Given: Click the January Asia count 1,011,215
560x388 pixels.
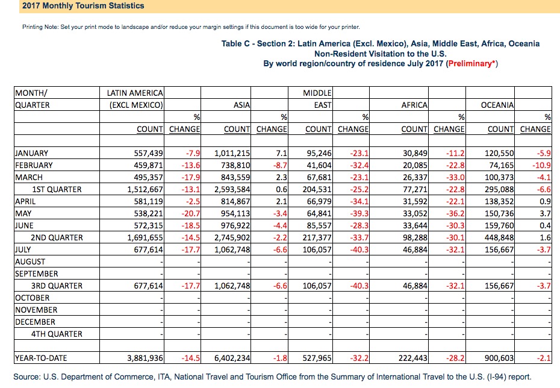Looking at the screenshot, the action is (232, 153).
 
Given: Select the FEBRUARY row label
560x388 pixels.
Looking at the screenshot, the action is (34, 166).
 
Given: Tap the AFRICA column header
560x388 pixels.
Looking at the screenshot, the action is (414, 105).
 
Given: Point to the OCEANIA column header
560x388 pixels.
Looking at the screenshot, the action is (497, 105).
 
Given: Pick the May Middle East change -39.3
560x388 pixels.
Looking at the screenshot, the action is (359, 214).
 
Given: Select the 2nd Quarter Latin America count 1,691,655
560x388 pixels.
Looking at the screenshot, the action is (145, 237).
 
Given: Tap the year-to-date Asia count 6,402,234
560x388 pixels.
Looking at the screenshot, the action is (232, 358).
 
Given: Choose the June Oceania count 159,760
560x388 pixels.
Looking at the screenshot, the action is (499, 226).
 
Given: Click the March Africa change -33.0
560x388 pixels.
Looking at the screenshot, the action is (455, 178).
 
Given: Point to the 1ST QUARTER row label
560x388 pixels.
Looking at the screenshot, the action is (57, 190).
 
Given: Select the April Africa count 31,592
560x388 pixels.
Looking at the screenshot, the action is (415, 201).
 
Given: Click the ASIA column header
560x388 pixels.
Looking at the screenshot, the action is (242, 105).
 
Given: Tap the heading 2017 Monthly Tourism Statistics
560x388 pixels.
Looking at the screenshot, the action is (83, 5).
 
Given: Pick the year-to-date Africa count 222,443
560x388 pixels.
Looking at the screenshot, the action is (413, 358).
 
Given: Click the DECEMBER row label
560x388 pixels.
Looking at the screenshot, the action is (35, 322).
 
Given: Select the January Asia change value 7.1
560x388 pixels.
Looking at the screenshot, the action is (281, 153).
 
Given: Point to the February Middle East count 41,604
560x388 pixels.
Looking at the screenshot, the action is (319, 166).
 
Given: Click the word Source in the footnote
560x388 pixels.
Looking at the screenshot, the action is (26, 377).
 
